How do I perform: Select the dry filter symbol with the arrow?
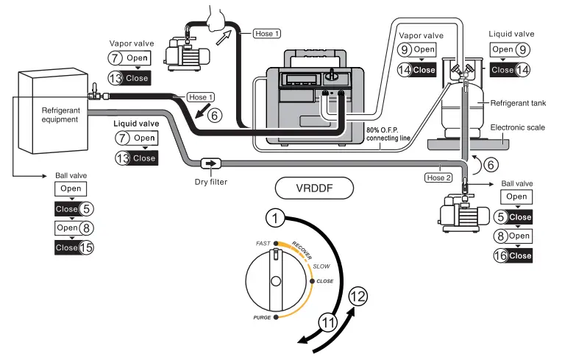[210, 163]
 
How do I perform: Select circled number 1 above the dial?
[275, 218]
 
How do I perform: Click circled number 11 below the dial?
[329, 322]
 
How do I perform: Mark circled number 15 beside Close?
[85, 248]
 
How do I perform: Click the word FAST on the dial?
[263, 243]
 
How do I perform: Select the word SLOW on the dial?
[321, 265]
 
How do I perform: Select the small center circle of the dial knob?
[275, 281]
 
